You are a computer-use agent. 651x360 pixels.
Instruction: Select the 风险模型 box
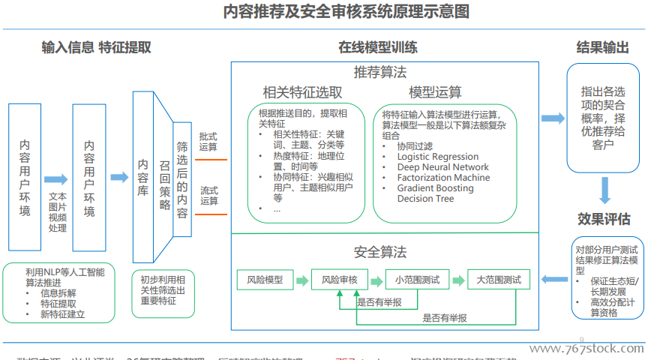(x=265, y=280)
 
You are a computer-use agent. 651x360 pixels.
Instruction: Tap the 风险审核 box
(x=339, y=280)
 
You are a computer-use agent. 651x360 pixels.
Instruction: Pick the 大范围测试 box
(x=498, y=280)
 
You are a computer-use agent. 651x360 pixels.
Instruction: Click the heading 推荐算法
(x=380, y=73)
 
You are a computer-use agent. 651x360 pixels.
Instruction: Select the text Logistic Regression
(x=437, y=157)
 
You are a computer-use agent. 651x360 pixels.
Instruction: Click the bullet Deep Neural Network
(x=442, y=167)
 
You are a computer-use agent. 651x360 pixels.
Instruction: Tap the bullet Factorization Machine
(x=443, y=178)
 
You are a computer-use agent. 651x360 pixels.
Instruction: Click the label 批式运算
(x=208, y=142)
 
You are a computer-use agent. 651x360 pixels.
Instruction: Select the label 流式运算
(x=209, y=196)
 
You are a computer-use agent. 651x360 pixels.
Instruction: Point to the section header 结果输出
(x=602, y=47)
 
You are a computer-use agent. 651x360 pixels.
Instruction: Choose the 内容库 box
(x=142, y=178)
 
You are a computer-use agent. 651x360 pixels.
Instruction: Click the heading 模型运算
(x=435, y=92)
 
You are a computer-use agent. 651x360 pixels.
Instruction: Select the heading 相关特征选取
(x=302, y=92)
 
